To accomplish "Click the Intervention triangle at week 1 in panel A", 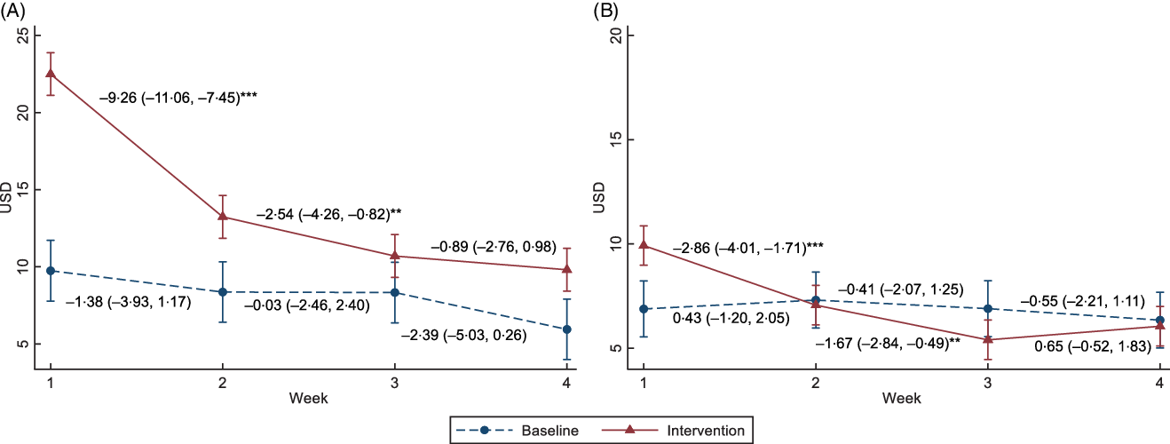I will click(51, 73).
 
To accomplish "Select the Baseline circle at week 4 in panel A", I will click(566, 329).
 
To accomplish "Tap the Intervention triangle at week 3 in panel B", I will click(988, 339).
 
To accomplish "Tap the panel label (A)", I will click(13, 10).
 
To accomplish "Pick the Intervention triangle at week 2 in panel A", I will click(222, 216).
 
